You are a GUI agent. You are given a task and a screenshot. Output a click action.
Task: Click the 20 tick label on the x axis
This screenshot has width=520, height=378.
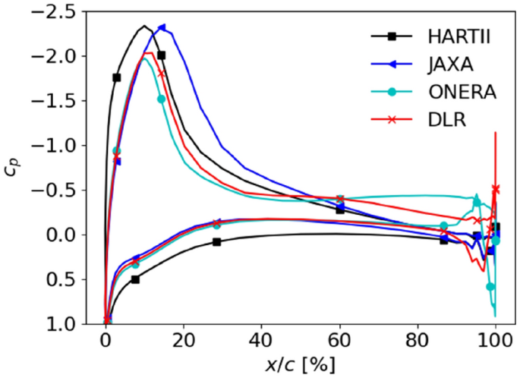tap(183, 339)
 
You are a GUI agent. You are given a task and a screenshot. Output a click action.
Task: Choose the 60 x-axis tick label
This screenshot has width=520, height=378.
tap(339, 339)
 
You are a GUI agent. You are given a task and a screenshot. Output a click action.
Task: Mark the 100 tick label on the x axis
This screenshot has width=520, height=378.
tap(495, 339)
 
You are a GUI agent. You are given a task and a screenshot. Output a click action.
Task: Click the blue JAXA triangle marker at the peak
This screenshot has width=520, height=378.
tap(162, 27)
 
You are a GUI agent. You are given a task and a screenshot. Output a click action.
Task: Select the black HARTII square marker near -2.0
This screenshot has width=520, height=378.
tap(162, 55)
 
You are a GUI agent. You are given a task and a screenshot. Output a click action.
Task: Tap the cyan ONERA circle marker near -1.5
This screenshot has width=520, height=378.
tap(161, 99)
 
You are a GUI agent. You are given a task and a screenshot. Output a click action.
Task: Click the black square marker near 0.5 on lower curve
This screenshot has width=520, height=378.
tap(135, 279)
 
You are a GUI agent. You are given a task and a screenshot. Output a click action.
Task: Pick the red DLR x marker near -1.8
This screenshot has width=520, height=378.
tap(161, 74)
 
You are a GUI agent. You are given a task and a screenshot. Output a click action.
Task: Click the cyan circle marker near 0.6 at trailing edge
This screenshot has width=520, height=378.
tap(490, 287)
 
